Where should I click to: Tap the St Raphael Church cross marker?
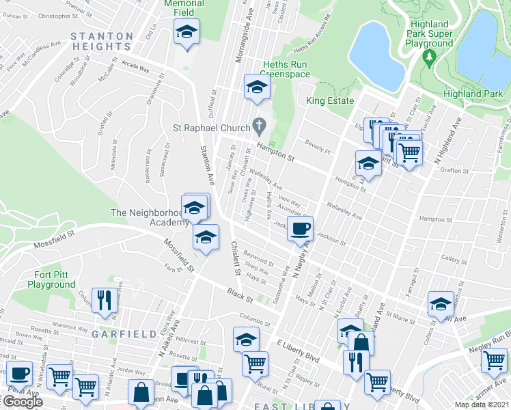pos(258,126)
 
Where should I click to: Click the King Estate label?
pos(330,101)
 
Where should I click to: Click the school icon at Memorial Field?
pos(186,31)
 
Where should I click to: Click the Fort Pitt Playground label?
pos(51,279)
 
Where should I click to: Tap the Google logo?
pos(22,402)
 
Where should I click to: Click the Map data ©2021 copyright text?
pos(482,405)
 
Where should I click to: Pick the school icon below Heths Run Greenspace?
pos(257,87)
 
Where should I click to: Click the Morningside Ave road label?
pos(240,42)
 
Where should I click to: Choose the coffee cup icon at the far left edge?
pos(18,373)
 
